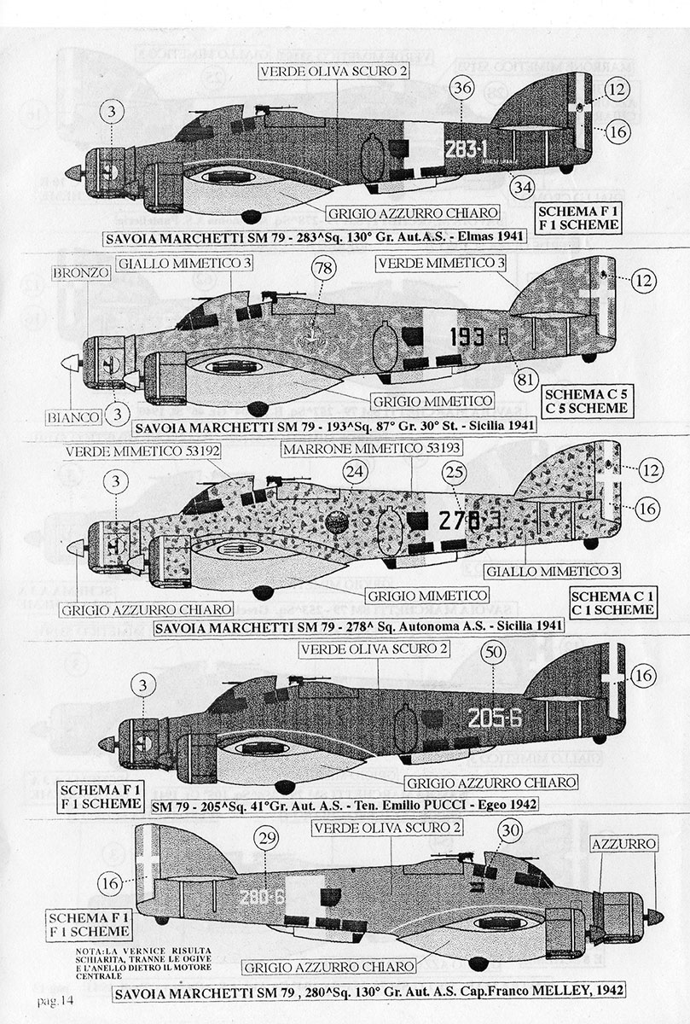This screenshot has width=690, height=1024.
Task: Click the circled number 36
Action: coord(461,89)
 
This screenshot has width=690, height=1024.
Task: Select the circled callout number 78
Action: coord(322,269)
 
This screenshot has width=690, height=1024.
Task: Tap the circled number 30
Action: coord(509,829)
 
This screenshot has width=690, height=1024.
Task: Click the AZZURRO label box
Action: coord(626,844)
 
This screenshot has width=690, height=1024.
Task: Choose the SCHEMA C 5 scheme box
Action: coord(586,400)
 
